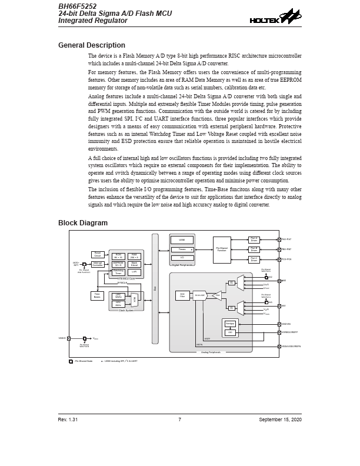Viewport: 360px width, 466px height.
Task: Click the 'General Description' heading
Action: pos(91,45)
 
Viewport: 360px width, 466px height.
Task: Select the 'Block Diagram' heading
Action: pos(82,223)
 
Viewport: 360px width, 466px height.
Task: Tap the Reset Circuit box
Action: pos(98,255)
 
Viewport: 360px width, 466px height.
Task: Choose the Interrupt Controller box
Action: pos(98,264)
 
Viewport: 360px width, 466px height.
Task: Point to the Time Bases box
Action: pos(98,295)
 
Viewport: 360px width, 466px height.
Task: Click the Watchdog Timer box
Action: pos(118,272)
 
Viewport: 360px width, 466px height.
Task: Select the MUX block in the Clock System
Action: pos(135,299)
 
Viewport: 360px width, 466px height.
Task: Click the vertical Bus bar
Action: pos(155,288)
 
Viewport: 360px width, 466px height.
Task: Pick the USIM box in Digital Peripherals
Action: pos(182,240)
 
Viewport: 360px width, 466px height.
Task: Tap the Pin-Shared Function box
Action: pos(222,249)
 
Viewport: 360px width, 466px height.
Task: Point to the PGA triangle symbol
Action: pos(217,295)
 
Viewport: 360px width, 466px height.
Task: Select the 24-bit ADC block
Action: pos(199,295)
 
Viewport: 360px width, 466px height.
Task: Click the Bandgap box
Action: pos(230,324)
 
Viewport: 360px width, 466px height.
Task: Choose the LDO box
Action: pos(230,332)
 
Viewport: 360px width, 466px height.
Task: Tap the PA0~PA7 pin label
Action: pos(286,239)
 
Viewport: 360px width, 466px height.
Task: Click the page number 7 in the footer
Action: pos(179,419)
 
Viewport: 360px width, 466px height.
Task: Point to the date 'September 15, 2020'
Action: pos(280,419)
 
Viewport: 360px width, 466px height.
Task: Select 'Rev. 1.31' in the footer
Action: pos(68,419)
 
